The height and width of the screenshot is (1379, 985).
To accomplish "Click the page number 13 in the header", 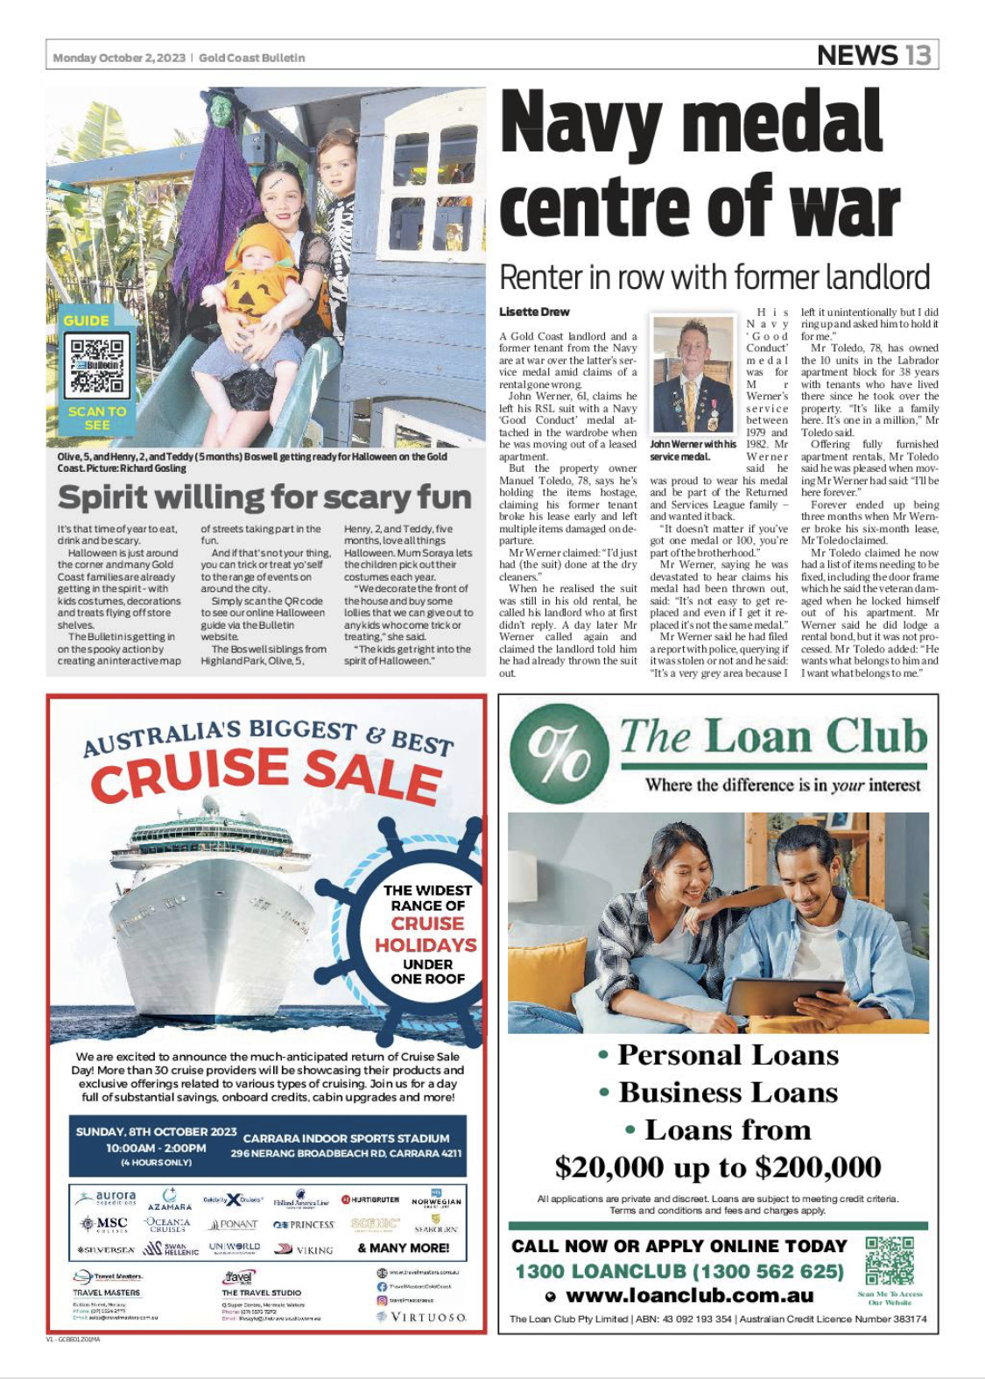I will tap(918, 55).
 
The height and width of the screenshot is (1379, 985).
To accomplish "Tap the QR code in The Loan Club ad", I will tap(889, 1261).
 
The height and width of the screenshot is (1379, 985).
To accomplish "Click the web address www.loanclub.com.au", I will tap(690, 1295).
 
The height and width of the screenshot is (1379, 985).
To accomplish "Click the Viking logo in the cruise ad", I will tap(304, 1249).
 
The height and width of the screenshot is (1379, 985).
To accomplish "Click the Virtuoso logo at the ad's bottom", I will tap(421, 1317).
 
